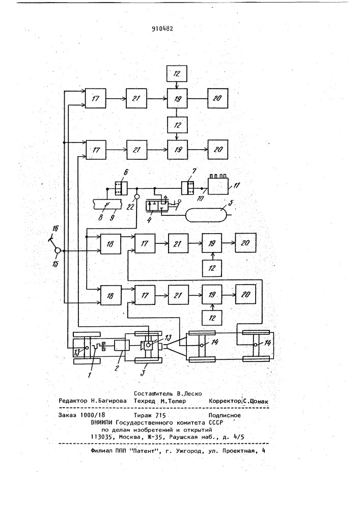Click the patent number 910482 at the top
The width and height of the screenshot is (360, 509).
pyautogui.click(x=162, y=28)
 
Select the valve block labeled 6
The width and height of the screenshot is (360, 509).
pyautogui.click(x=121, y=188)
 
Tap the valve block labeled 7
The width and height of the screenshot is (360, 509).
pyautogui.click(x=188, y=188)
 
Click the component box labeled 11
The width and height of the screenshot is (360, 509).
pyautogui.click(x=218, y=186)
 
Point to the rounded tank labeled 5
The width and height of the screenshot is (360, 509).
pyautogui.click(x=206, y=213)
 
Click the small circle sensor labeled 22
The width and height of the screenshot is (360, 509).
pyautogui.click(x=137, y=196)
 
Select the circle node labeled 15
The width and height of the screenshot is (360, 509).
pyautogui.click(x=58, y=251)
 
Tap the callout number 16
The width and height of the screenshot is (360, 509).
pyautogui.click(x=55, y=229)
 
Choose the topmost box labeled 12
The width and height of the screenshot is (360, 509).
pyautogui.click(x=177, y=74)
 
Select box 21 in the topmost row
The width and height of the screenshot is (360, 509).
pyautogui.click(x=136, y=98)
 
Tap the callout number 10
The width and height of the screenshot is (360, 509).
pyautogui.click(x=200, y=197)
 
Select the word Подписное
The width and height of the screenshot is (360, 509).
pyautogui.click(x=225, y=415)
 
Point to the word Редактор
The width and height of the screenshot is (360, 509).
pyautogui.click(x=73, y=401)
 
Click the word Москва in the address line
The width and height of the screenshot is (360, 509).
pyautogui.click(x=129, y=437)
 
